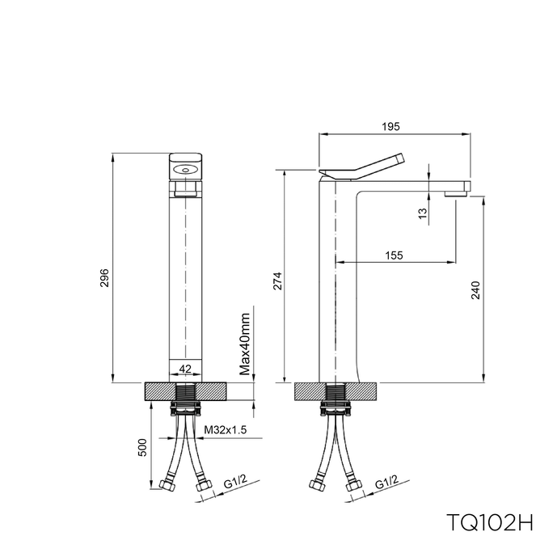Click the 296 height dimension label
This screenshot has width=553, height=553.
point(105,278)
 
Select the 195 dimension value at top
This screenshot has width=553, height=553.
point(390,126)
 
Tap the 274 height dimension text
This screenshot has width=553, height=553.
point(278,281)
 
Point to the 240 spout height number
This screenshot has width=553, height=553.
point(475,290)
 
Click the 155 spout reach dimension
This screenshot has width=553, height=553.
point(394,255)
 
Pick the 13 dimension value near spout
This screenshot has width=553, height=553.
point(423,213)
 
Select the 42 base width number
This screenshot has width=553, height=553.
point(185,369)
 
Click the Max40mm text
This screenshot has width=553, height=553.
point(244,344)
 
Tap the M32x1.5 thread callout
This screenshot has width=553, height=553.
point(226,430)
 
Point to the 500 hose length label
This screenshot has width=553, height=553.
point(141,448)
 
